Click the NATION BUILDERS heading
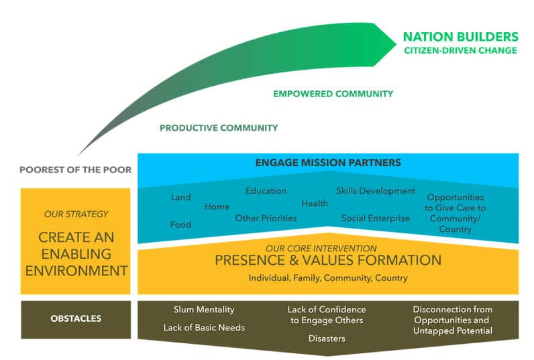460,36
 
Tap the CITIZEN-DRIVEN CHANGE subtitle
460,50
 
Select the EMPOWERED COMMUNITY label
333,94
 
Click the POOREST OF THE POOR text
75,170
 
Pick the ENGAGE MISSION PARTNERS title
328,162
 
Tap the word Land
180,197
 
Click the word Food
180,225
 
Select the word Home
217,206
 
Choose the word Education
266,191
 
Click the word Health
315,203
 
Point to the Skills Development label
376,191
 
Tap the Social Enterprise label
375,218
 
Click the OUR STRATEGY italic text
75,215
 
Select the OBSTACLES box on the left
76,318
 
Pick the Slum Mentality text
204,310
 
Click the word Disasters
327,339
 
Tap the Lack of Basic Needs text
204,328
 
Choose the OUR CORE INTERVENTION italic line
328,249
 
